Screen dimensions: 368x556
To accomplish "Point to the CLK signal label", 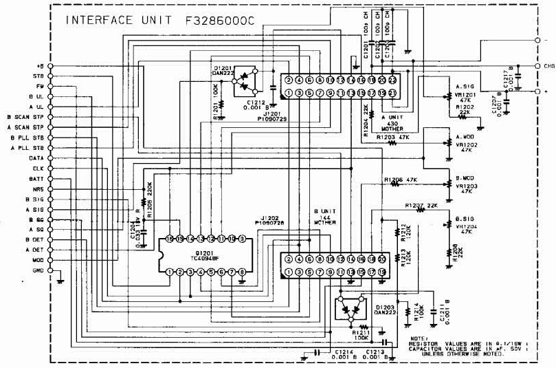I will point(38,168).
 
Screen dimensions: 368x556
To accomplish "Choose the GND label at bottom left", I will point(38,271).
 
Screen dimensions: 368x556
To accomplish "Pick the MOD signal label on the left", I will point(38,261).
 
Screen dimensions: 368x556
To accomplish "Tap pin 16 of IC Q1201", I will point(168,239).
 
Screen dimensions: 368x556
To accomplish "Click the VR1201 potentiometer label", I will point(465,96).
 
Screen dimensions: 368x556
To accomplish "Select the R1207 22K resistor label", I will point(421,205).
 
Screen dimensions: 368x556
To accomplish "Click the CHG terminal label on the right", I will point(548,67).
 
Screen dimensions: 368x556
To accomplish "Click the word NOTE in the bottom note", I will point(417,338).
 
